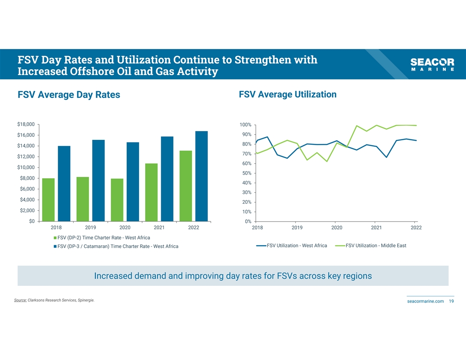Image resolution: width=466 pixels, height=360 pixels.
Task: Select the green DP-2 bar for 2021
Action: pos(151,192)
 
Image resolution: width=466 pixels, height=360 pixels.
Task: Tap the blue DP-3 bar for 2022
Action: pos(201,176)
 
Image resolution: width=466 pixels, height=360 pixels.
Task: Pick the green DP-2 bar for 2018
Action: pos(49,199)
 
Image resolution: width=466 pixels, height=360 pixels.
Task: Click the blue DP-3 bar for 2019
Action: pos(98,180)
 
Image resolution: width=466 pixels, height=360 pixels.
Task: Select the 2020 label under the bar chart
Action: pos(125,228)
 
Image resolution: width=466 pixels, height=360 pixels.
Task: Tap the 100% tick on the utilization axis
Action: pos(245,125)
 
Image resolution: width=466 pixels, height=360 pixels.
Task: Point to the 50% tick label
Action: pos(247,173)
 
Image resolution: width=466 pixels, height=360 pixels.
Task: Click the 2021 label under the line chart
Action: pos(376,228)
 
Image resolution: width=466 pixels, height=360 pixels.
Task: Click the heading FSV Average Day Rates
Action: pos(69,95)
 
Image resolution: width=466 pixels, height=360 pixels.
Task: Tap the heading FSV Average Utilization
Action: pos(287,94)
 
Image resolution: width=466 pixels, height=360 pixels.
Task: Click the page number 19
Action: pos(451,301)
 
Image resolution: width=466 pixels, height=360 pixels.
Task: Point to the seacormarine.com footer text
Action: pos(425,301)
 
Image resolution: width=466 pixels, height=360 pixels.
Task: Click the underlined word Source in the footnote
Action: pos(20,300)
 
